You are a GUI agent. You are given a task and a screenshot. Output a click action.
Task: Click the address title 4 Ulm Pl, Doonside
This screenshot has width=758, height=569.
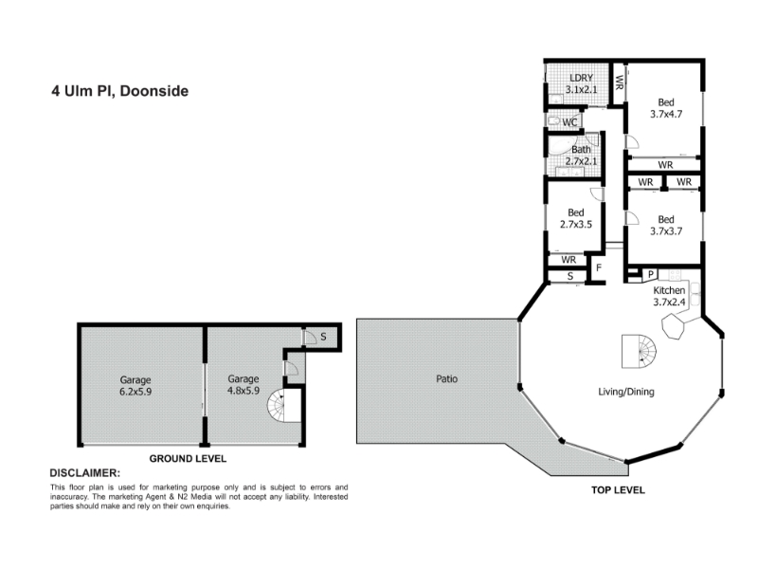coord(120,91)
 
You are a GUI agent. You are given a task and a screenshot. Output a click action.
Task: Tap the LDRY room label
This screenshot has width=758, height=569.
coord(581,78)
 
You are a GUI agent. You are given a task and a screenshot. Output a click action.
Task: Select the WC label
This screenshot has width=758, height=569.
coord(569,122)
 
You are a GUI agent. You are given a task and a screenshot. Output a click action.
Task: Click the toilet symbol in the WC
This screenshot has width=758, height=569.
coord(554,121)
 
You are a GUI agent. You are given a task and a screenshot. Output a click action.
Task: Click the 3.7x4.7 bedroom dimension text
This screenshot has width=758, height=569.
coord(666,114)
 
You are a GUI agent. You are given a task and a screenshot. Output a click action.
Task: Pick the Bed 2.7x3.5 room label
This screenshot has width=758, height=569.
coord(576,218)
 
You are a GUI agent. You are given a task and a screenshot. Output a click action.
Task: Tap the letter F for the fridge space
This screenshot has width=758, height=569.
coord(599,267)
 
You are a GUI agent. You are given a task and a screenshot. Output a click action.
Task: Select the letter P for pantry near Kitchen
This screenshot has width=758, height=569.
coord(651,274)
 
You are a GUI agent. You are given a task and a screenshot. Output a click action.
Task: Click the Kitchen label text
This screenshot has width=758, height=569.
coord(669,290)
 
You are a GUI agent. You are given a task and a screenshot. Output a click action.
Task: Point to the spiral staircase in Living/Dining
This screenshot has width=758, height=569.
coord(639,351)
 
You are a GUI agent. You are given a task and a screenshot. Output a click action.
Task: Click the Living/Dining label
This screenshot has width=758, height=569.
coord(626,392)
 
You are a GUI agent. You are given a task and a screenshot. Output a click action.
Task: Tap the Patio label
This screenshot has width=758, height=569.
coord(446,378)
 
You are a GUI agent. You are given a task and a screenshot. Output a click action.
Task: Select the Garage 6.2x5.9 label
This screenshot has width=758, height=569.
coord(135,386)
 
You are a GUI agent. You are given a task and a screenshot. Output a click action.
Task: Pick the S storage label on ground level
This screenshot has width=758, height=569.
coord(323,337)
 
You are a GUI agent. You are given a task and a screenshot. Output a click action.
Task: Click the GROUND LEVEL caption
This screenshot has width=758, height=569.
coord(188,459)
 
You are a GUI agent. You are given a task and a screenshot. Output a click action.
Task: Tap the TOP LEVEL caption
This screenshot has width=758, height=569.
coord(618,490)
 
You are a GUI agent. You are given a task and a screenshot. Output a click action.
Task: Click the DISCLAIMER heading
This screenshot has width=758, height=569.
coord(85,473)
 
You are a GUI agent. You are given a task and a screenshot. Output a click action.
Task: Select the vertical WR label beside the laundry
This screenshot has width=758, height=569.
coord(619,82)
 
